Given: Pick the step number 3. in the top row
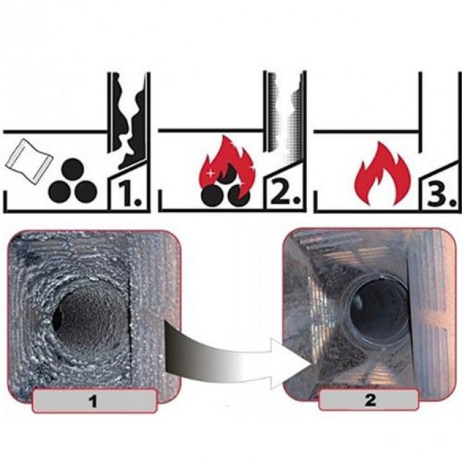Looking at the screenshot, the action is pos(441,193).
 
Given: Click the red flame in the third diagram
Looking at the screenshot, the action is pos(383,174).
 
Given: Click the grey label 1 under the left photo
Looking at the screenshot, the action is pos(94,401).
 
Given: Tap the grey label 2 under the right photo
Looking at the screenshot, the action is pos(369,400).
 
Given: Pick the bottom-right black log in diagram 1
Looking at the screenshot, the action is pos(85,191).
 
